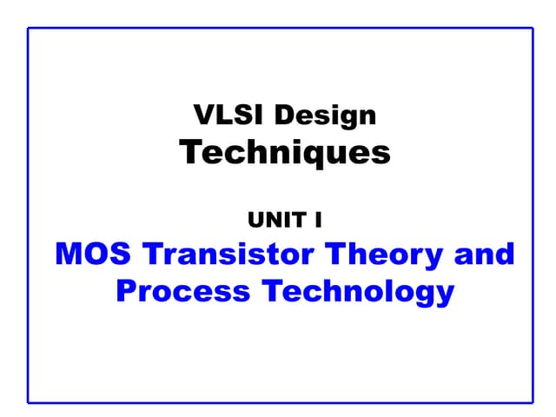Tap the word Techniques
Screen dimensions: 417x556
(285, 153)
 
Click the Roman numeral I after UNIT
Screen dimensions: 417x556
(319, 220)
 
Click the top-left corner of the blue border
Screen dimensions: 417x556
(29, 29)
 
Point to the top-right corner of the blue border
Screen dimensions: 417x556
(532, 29)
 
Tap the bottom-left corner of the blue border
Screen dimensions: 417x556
(29, 402)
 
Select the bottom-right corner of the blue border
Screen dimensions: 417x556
(532, 402)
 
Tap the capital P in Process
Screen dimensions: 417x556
(127, 291)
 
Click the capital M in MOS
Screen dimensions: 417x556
(69, 255)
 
